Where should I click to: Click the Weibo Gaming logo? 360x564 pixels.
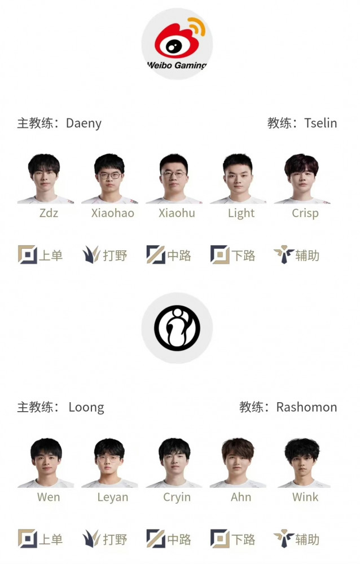point(177,43)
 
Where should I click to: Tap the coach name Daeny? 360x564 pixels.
point(84,124)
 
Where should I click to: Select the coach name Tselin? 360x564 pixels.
point(321,123)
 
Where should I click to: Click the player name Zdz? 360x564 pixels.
point(49,213)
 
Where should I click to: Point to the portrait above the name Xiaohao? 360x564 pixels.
point(109,178)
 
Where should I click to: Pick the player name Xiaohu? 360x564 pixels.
point(177,213)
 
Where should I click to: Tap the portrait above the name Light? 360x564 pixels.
point(238,178)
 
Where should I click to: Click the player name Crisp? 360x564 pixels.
point(305,213)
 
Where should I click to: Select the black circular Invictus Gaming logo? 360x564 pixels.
point(177,328)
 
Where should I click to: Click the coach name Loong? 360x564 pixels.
point(86,408)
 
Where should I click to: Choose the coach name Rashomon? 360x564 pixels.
point(307,407)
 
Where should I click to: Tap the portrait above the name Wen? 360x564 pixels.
point(46,462)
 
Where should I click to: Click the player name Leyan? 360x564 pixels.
point(113,497)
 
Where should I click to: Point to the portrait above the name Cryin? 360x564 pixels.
point(174,462)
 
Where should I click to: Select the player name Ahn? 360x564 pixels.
point(241,497)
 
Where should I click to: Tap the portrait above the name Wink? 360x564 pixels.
point(302,462)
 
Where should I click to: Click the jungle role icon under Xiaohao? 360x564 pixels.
point(91,255)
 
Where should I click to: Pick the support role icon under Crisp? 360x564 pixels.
point(284,255)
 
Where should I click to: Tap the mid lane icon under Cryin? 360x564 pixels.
point(156,539)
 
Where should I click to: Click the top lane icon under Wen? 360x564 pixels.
point(27,539)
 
